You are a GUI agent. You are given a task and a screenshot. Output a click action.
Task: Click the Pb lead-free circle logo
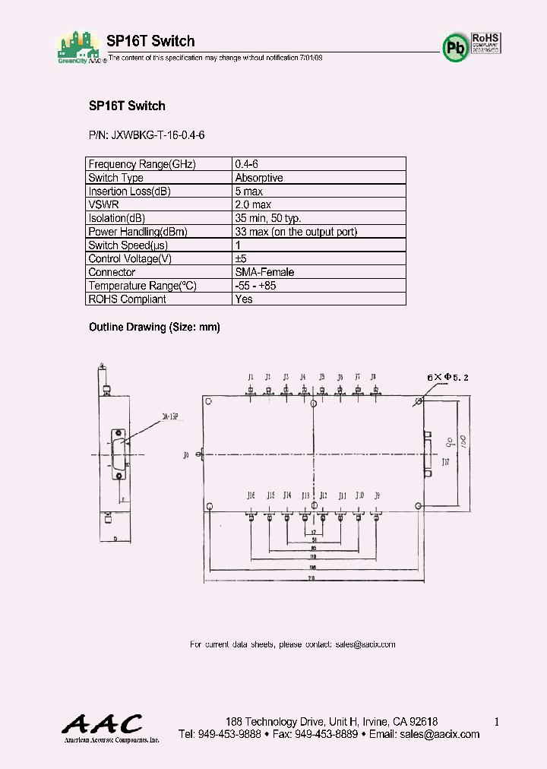coord(455,48)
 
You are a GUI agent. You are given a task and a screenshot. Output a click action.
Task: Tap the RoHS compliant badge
coord(485,43)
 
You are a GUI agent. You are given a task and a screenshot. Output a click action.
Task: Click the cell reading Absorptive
coord(259,178)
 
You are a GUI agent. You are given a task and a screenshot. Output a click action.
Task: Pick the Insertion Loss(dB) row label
coord(129,191)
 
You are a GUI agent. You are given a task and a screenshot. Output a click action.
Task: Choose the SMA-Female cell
coord(265,272)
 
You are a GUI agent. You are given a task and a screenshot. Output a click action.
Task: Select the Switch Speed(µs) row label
coord(128,245)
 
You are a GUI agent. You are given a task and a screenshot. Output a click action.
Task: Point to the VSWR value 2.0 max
coord(254,205)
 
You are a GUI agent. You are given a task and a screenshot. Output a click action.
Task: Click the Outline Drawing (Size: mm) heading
coord(154,327)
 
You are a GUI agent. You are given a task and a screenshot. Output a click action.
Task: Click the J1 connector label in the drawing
coord(250,377)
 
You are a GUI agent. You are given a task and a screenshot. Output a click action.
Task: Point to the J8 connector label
coord(373,377)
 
